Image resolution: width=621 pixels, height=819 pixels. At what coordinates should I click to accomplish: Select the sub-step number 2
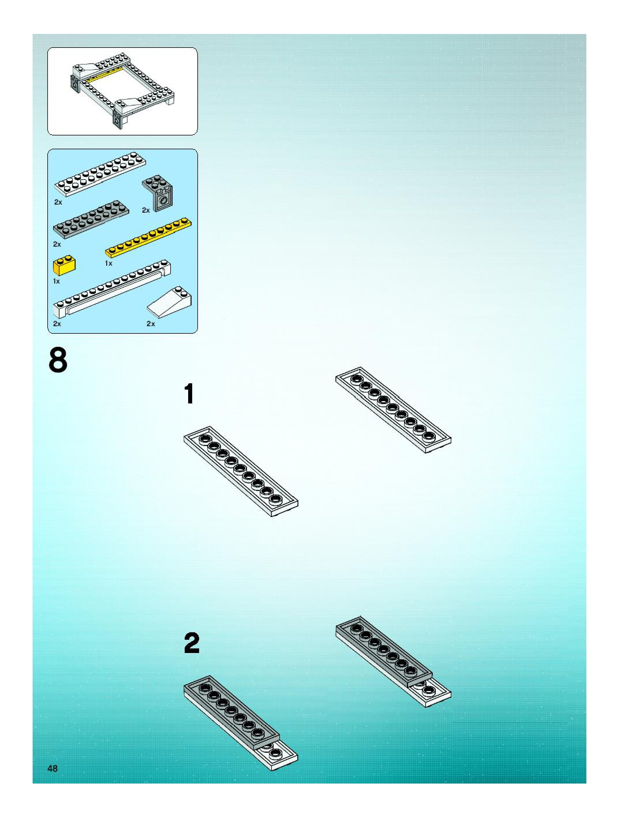pos(192,643)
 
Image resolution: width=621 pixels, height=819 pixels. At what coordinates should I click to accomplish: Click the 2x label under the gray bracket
pos(146,210)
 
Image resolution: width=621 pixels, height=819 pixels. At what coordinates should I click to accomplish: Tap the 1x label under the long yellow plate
pos(108,263)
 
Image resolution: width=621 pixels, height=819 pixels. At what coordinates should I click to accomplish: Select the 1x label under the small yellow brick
pos(56,281)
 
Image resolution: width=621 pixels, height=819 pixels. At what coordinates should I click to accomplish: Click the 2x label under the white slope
pos(151,324)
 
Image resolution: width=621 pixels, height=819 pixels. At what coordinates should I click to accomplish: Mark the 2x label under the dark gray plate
pos(57,244)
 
